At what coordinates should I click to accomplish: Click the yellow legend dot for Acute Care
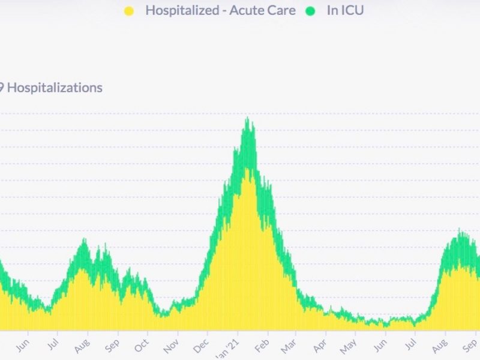pos(128,10)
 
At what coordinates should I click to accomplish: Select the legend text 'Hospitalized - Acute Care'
pos(220,10)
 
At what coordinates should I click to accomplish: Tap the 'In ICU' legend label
pos(345,10)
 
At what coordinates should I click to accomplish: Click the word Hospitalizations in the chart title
pos(55,88)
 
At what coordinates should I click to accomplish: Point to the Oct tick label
pos(142,346)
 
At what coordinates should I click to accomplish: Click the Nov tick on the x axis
pos(171,346)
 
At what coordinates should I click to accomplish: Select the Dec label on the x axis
pos(201,346)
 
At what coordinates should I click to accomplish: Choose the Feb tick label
pos(261,346)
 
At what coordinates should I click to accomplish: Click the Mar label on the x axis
pos(289,346)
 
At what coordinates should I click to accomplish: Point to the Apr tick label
pos(320,346)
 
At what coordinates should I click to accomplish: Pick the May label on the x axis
pos(349,346)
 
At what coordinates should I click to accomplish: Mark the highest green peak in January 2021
pos(247,119)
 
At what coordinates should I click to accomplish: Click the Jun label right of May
pos(379,346)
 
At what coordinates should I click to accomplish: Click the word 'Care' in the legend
pos(281,10)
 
